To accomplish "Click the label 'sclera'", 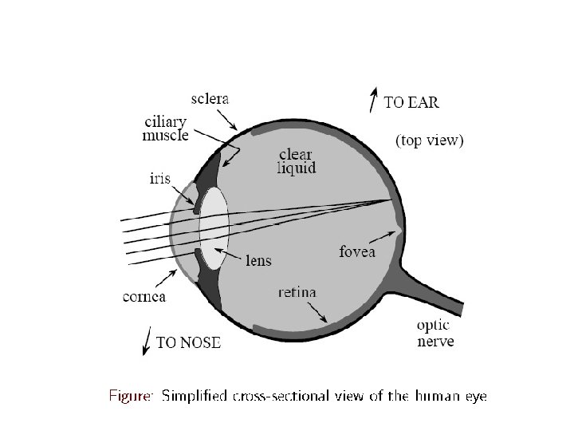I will [x=210, y=100].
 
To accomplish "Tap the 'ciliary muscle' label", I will [x=165, y=129].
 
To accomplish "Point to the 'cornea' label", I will [x=143, y=297].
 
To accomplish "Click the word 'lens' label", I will [x=258, y=260].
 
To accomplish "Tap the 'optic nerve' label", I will [x=434, y=334].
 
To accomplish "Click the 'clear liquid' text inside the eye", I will [x=297, y=160].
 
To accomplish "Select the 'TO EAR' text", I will [x=411, y=102].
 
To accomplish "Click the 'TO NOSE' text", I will [x=188, y=343].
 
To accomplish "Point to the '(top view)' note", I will [x=430, y=141].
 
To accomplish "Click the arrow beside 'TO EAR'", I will [x=372, y=100].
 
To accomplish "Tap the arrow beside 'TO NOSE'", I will [x=146, y=342].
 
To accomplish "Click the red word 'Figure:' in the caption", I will [x=130, y=396].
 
